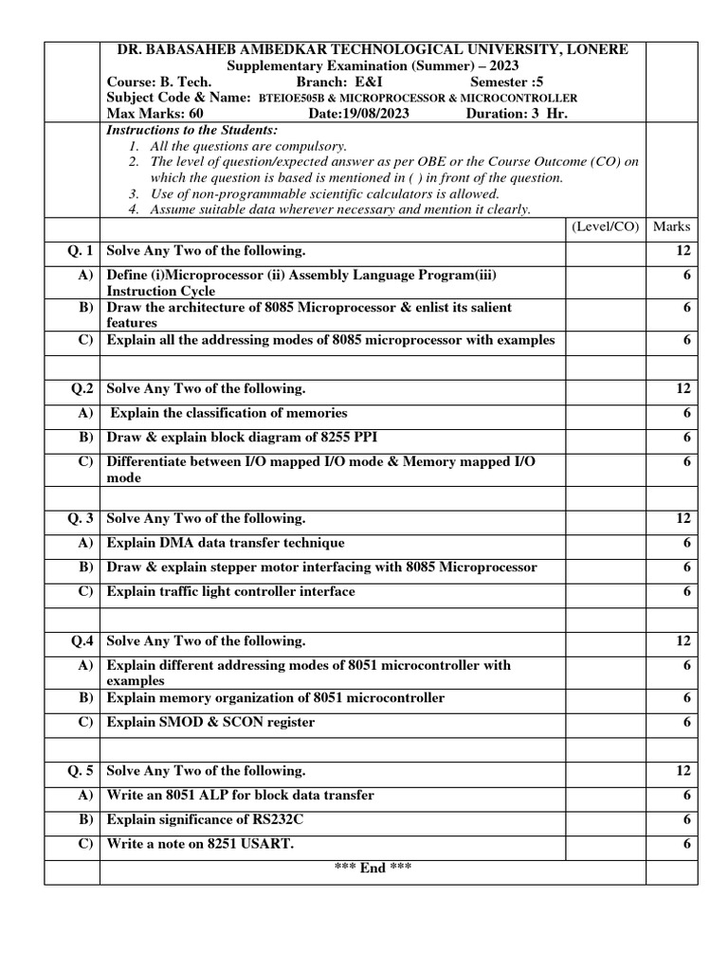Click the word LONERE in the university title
pos(592,49)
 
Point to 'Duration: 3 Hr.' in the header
pos(517,114)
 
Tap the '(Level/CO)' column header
pos(605,226)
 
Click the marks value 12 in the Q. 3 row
pos(683,519)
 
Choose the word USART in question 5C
pos(270,844)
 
